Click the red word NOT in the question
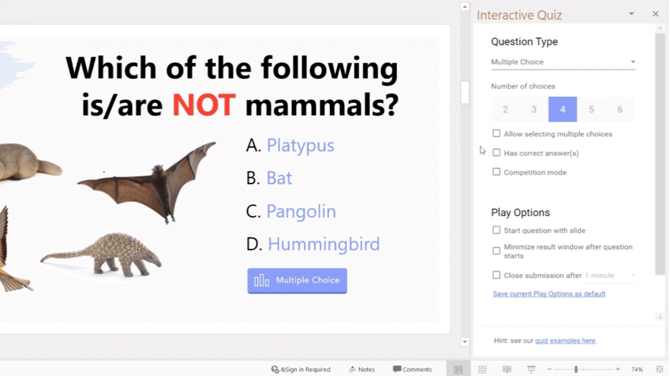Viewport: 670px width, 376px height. (x=204, y=105)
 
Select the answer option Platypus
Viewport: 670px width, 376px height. (x=300, y=146)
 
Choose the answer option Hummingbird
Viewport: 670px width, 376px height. (x=324, y=244)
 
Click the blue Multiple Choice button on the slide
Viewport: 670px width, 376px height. (x=297, y=281)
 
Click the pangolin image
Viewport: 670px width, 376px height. (x=101, y=255)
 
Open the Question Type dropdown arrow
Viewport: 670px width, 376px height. (x=633, y=62)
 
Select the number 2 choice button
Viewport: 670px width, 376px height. (x=505, y=110)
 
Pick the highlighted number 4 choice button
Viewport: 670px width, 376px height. (x=563, y=110)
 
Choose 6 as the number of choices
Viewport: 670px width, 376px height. (x=620, y=110)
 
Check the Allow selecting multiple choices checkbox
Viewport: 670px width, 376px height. (x=496, y=133)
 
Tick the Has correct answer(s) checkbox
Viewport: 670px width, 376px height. (x=496, y=153)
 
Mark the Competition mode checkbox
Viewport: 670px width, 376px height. (x=496, y=172)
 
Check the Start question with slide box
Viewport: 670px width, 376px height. (x=496, y=230)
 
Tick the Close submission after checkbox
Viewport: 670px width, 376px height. (x=496, y=275)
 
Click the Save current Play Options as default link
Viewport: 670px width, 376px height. (x=549, y=294)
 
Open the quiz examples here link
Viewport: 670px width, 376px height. (x=565, y=341)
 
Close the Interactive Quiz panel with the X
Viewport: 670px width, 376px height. (x=656, y=14)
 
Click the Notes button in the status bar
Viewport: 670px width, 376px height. (x=362, y=369)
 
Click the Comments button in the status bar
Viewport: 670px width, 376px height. (x=412, y=369)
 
